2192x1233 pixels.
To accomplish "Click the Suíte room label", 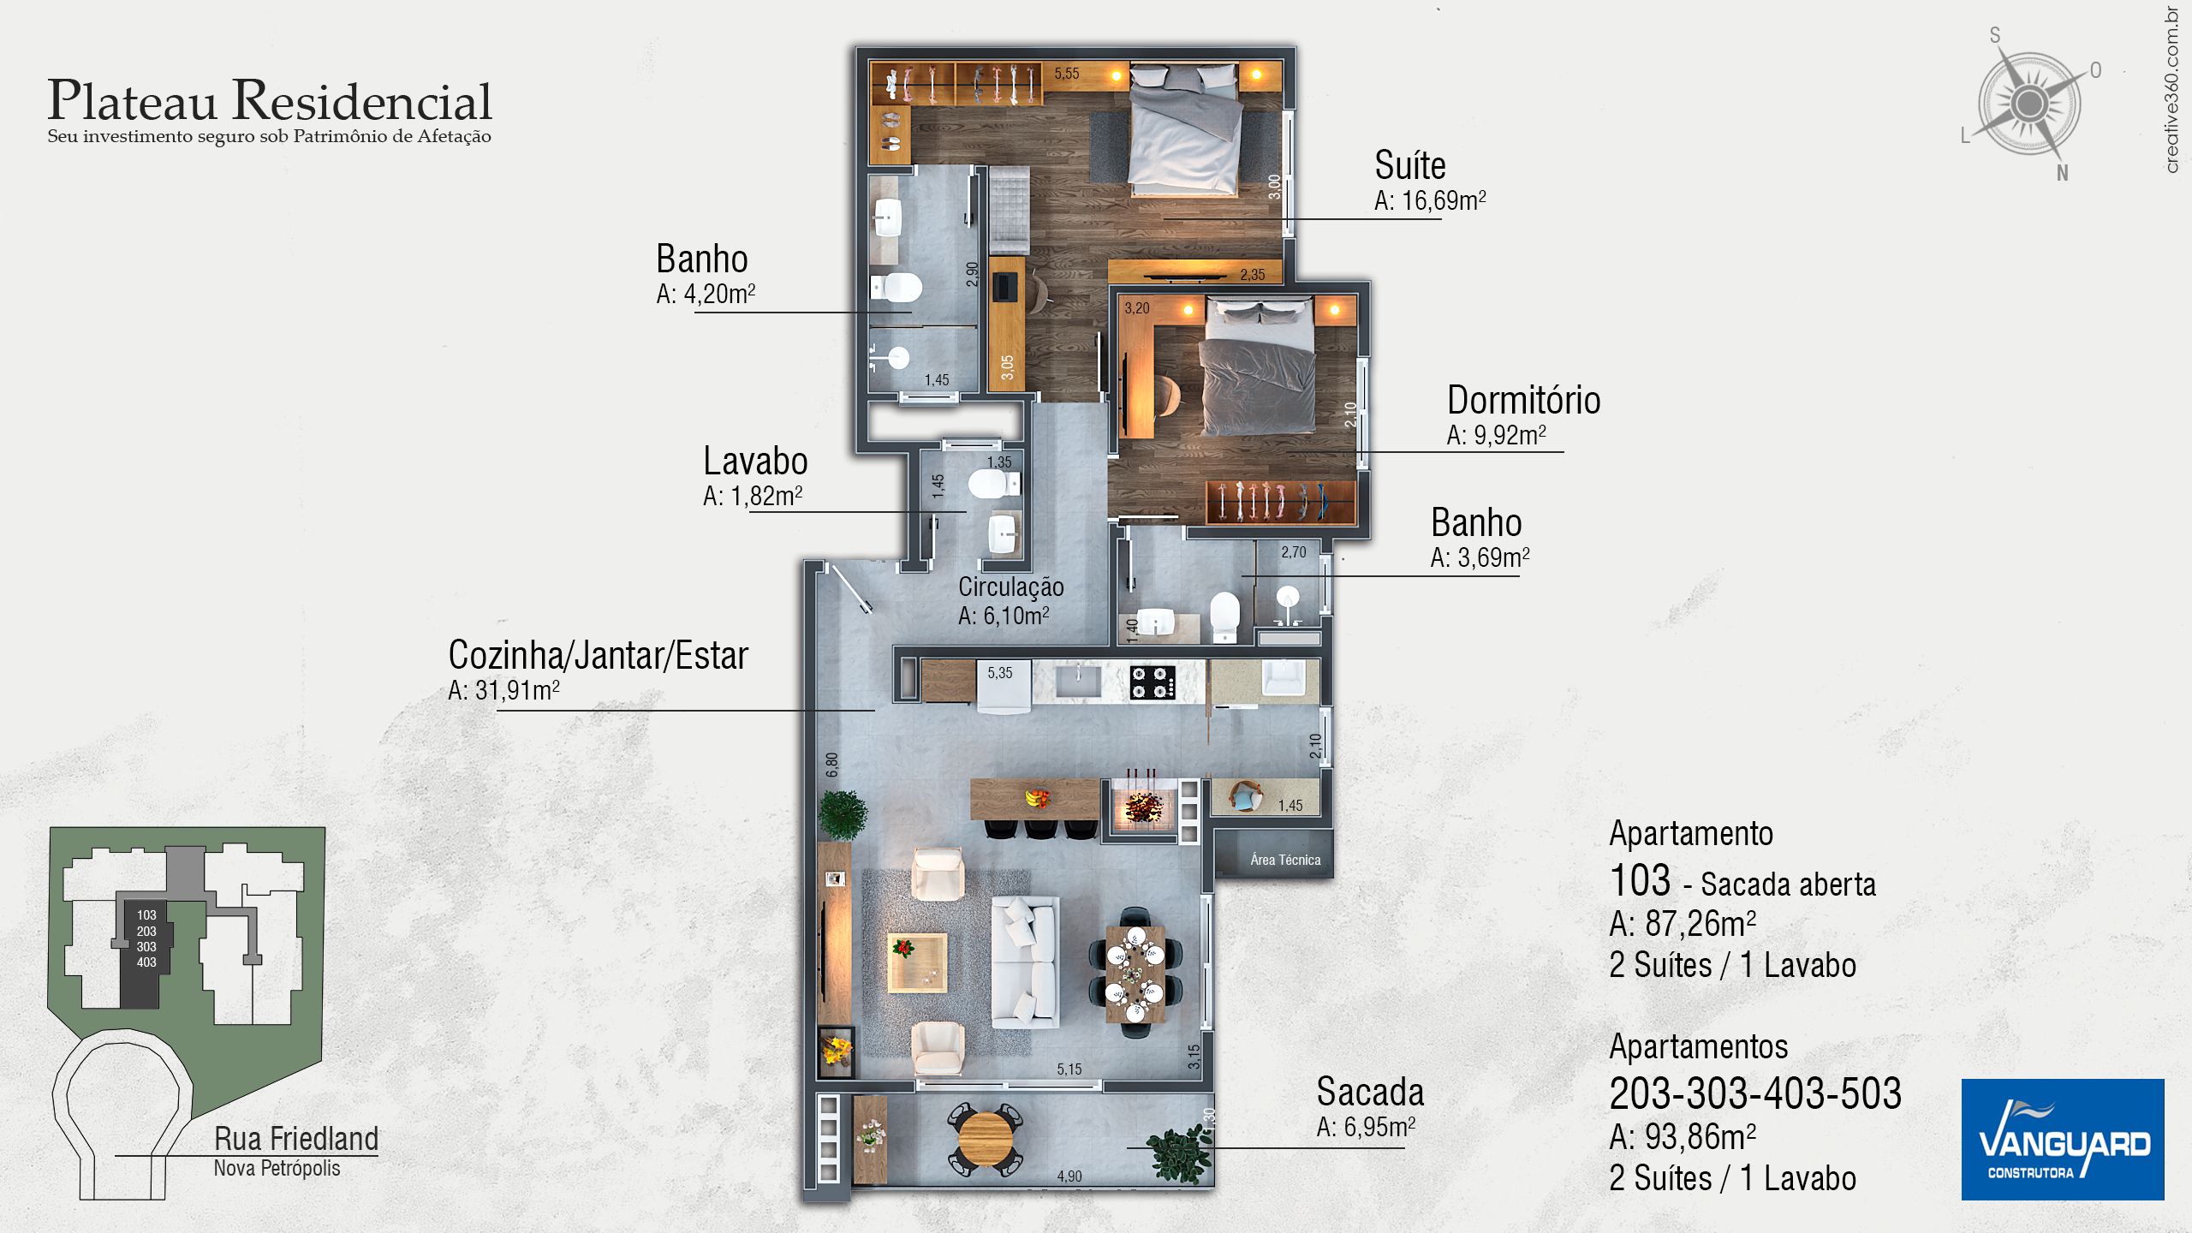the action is point(1409,164).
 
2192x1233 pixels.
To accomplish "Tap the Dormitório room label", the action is point(1523,400).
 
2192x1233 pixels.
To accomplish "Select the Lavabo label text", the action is point(755,461).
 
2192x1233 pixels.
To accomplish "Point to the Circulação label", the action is point(1010,587).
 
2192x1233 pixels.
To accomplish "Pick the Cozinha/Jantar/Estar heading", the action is point(598,655).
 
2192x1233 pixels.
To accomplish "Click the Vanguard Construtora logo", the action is point(2062,1139).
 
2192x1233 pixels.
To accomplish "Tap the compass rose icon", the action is point(2029,104).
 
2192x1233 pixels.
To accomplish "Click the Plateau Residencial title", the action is point(270,100).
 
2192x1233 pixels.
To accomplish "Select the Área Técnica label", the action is point(1285,860).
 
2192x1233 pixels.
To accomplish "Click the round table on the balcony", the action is point(986,1138).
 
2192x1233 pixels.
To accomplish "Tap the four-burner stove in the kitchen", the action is point(1153,682).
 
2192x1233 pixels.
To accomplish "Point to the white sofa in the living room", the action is point(1024,962).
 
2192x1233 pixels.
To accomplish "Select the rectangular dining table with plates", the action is point(1135,974).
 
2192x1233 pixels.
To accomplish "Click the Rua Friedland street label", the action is point(296,1139).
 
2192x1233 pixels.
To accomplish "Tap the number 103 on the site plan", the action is point(146,915).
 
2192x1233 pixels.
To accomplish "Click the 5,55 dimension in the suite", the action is point(1067,74).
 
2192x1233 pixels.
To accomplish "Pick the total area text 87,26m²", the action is point(1683,924).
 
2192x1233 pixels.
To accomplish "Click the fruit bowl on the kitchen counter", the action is point(1038,798).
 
